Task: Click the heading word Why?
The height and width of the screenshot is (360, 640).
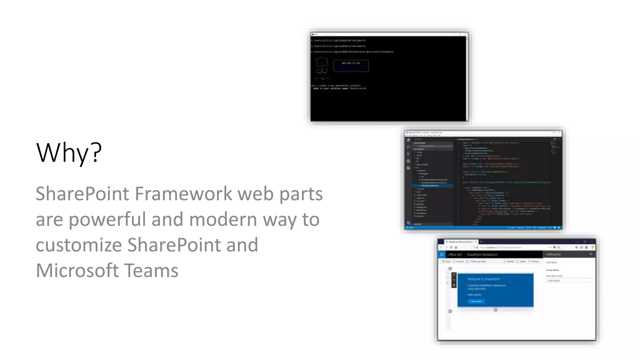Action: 69,153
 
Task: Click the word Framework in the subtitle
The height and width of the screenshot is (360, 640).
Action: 183,194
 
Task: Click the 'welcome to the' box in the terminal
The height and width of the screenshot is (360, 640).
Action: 351,66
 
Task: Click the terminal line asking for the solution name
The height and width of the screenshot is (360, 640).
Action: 339,88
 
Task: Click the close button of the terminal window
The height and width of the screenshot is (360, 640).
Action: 465,34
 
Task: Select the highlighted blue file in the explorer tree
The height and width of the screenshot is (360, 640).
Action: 433,186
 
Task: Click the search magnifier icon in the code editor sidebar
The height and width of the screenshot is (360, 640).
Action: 408,147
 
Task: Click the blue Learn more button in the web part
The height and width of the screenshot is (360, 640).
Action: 476,301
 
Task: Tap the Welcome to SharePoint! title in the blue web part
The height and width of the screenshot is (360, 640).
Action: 483,279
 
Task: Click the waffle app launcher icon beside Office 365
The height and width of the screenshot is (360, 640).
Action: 442,254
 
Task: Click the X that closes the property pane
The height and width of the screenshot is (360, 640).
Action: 591,254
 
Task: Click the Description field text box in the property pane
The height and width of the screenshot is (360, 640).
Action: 569,281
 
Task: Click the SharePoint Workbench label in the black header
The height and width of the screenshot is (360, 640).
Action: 482,255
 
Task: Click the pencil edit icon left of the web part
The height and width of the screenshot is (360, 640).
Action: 454,275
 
